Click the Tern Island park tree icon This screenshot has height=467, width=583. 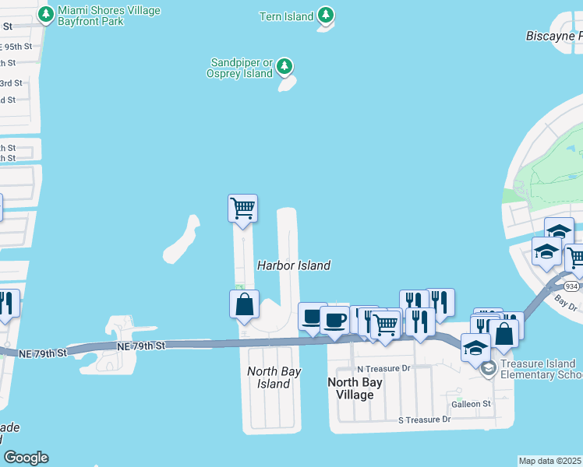[327, 16]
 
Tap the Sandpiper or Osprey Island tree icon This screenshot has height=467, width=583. [286, 67]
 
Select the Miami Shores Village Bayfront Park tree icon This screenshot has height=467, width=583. [46, 14]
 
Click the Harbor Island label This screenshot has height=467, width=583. [294, 265]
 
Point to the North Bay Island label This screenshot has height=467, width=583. [274, 377]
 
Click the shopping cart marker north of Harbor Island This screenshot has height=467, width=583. [242, 209]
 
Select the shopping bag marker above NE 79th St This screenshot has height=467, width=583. [244, 304]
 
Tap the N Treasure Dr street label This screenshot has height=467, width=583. [383, 368]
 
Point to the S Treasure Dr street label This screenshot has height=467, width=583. [424, 420]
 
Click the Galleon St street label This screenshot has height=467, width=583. [471, 404]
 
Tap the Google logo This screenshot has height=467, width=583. [26, 458]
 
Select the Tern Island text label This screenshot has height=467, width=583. [287, 16]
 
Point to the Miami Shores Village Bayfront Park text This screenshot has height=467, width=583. [108, 16]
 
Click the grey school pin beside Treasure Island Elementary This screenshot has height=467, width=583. [489, 368]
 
